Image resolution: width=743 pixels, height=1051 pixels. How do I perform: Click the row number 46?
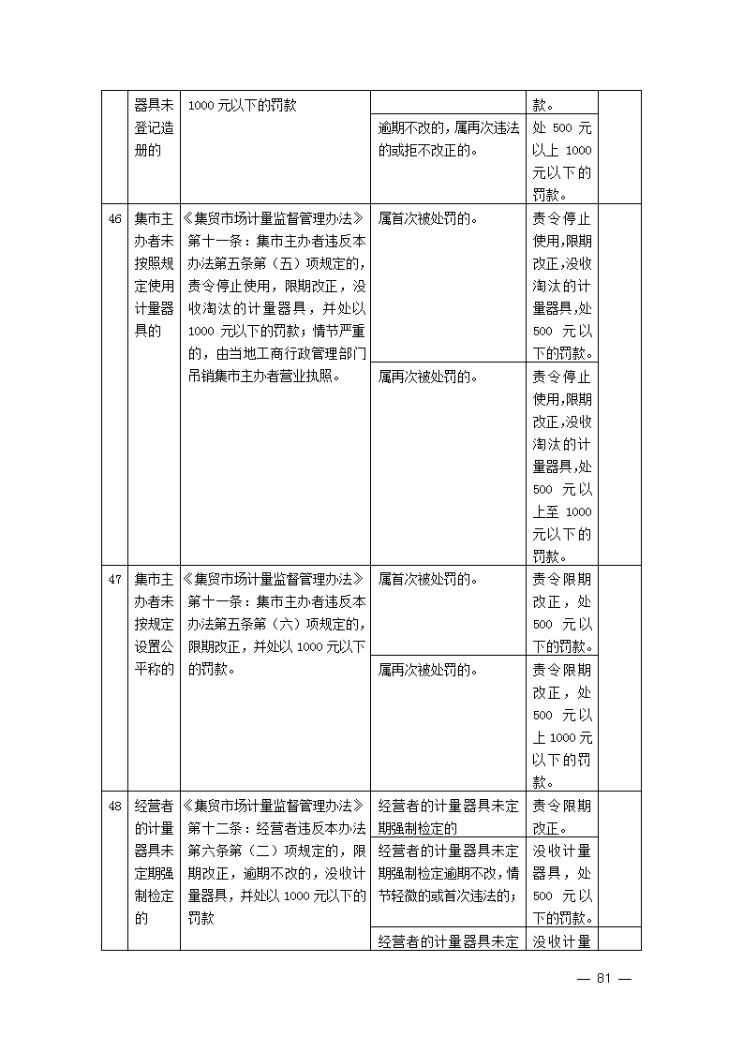click(x=115, y=219)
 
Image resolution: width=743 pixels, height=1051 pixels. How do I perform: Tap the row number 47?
click(x=115, y=579)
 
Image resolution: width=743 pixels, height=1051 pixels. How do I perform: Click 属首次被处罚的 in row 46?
click(x=427, y=219)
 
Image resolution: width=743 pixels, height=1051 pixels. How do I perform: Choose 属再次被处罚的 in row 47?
click(x=427, y=670)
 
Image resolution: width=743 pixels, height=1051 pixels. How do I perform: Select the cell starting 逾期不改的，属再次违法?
click(x=448, y=139)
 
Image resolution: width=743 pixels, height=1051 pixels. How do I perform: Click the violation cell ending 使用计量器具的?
click(x=154, y=274)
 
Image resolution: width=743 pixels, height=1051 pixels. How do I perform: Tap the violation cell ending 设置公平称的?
click(x=154, y=624)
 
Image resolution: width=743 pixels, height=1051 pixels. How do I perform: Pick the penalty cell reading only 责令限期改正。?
click(x=562, y=816)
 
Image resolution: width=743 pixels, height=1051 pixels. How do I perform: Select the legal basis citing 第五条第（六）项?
click(x=276, y=624)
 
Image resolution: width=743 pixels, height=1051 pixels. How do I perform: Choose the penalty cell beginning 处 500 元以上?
click(x=562, y=161)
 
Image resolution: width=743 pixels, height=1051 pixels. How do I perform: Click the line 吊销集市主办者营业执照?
click(x=263, y=377)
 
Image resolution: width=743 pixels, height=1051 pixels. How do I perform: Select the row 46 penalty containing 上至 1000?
click(x=562, y=466)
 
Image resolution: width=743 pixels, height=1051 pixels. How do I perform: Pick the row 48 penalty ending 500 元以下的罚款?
click(x=562, y=882)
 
